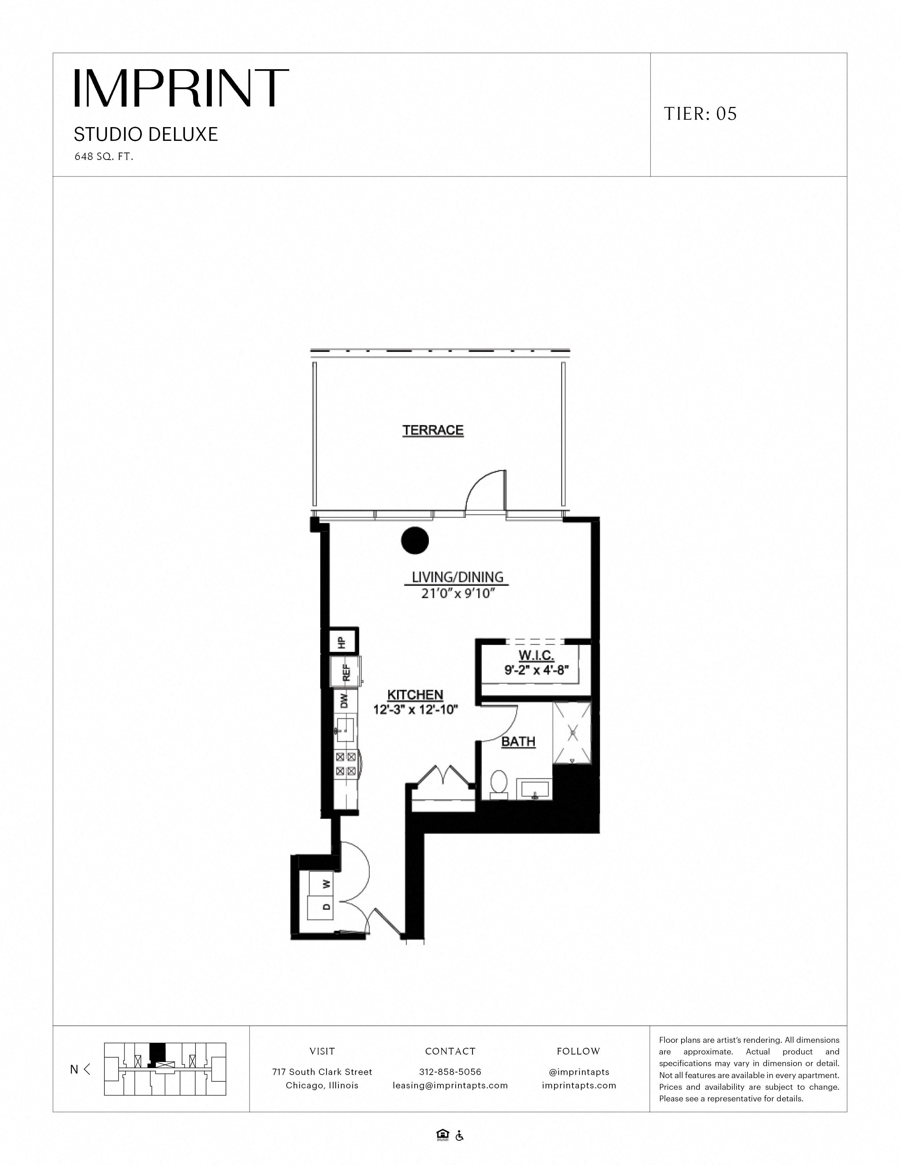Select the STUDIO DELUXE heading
coord(145,135)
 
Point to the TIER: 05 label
coord(700,114)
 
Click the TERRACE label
coord(433,430)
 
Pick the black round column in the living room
coord(415,540)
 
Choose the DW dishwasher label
coord(344,700)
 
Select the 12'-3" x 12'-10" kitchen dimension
coord(416,710)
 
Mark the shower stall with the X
coord(572,734)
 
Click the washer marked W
coord(325,884)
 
